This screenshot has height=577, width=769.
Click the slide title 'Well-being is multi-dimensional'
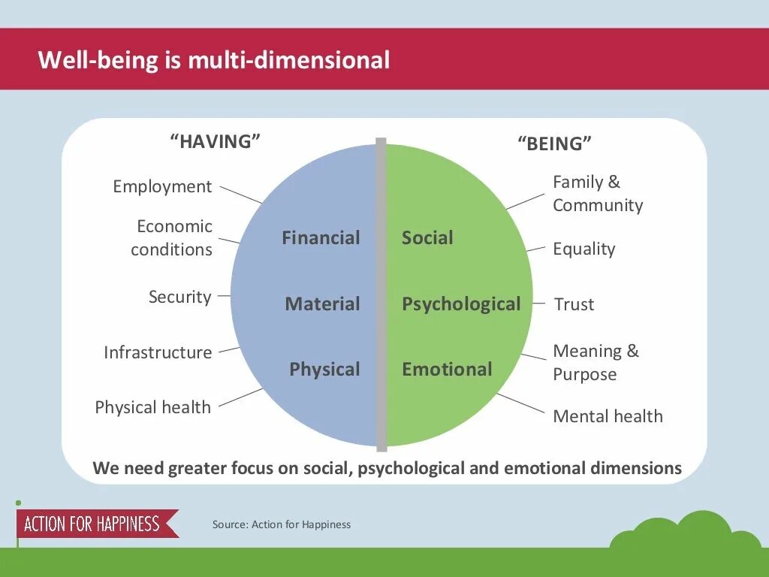click(214, 60)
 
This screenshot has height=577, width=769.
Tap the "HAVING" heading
click(216, 141)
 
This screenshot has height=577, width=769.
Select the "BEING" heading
click(554, 143)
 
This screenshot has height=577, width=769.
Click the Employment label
click(162, 186)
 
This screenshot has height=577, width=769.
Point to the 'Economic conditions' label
click(172, 237)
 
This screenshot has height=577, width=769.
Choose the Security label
click(180, 297)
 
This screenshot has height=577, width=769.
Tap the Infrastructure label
click(158, 352)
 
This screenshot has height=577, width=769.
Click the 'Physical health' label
click(153, 407)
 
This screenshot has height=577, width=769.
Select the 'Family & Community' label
click(598, 194)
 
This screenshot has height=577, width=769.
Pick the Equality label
click(584, 249)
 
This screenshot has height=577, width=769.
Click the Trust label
click(574, 304)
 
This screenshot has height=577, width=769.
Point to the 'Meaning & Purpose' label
click(596, 362)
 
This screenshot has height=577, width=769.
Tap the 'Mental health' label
click(608, 416)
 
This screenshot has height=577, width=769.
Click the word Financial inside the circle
click(321, 238)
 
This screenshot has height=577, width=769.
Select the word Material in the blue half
click(322, 304)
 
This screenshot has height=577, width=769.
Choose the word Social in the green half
click(427, 238)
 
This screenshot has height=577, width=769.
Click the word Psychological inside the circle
click(461, 304)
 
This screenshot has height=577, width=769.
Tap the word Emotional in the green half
click(447, 370)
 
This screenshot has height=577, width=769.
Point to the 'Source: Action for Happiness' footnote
click(282, 524)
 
